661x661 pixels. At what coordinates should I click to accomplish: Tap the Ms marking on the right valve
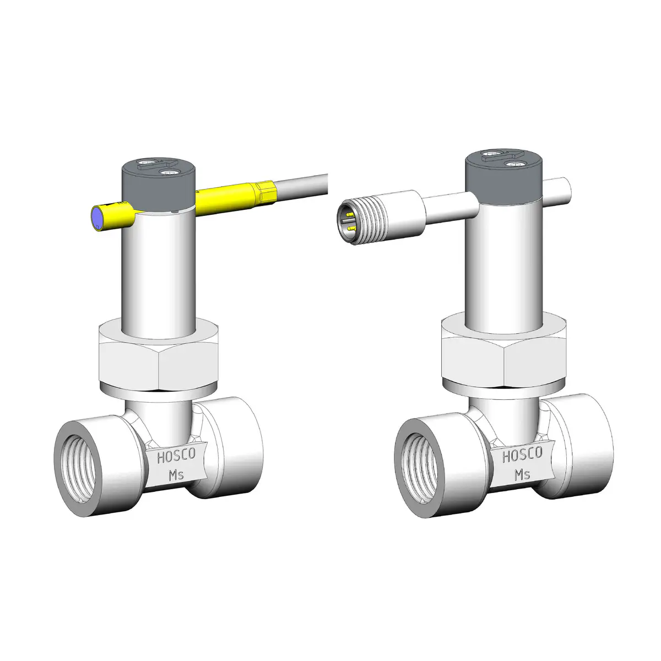[523, 473]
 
